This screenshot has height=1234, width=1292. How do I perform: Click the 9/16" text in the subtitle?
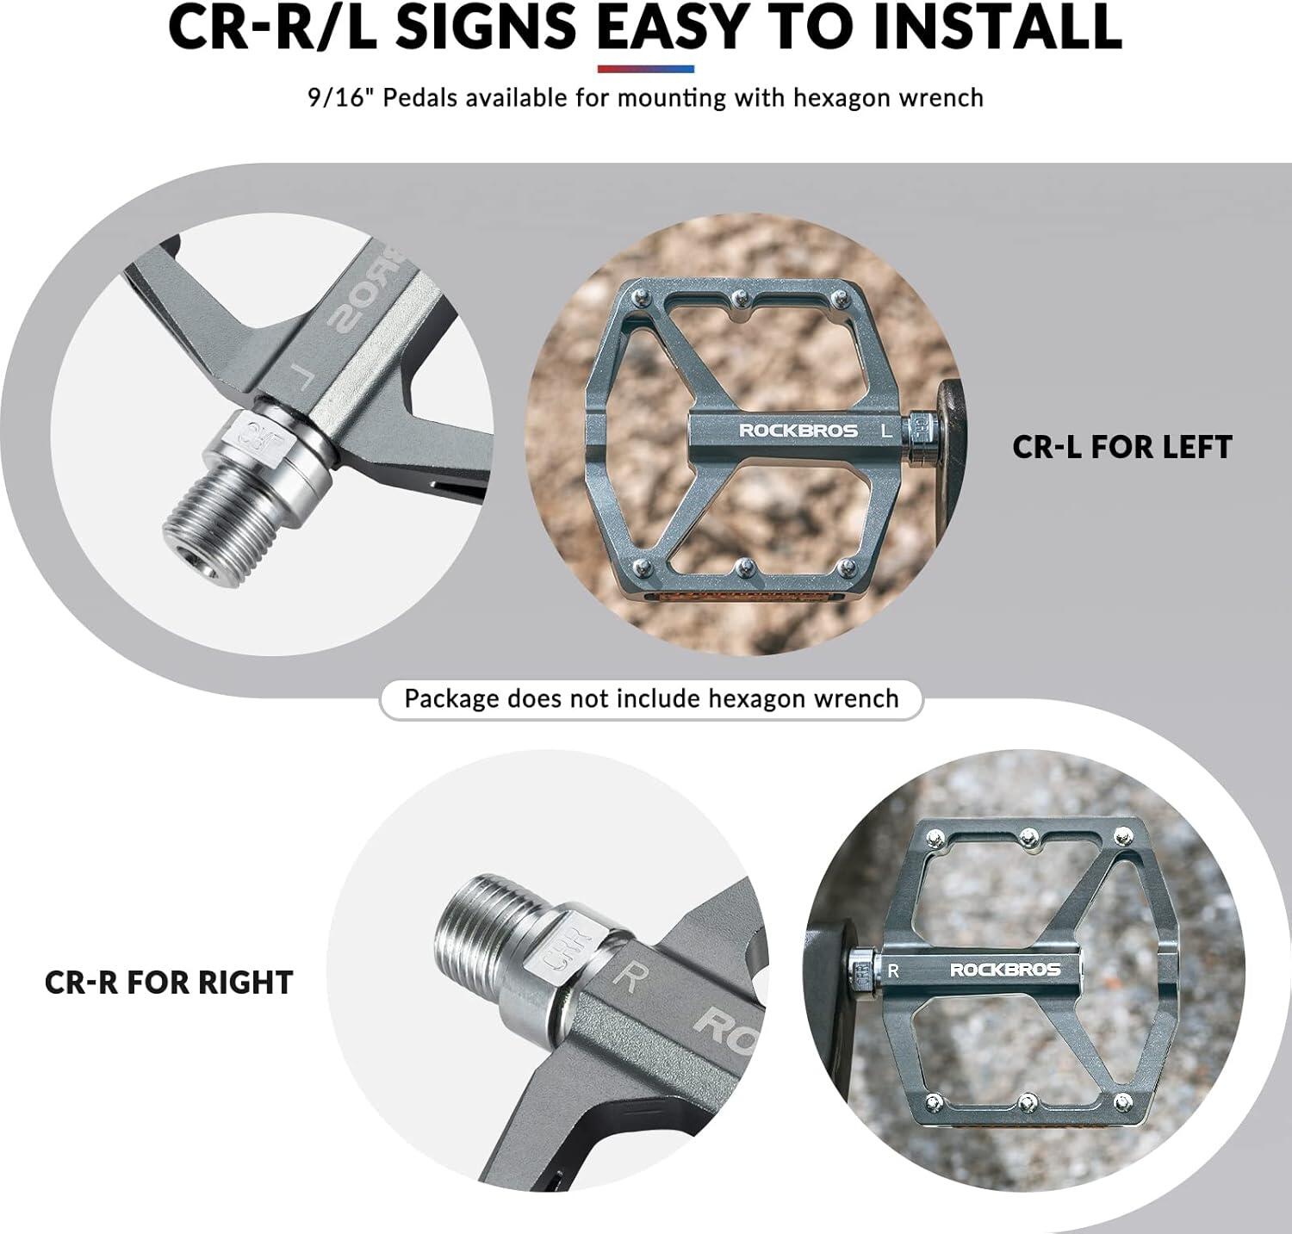point(340,96)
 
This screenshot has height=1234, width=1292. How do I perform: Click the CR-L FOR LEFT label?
point(1122,447)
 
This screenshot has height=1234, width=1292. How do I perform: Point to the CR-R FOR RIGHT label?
point(169,983)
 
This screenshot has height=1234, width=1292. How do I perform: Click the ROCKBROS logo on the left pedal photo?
point(798,430)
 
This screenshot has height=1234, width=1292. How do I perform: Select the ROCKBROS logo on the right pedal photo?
point(1005,970)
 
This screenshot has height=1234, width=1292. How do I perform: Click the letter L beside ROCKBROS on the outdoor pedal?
point(886,431)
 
